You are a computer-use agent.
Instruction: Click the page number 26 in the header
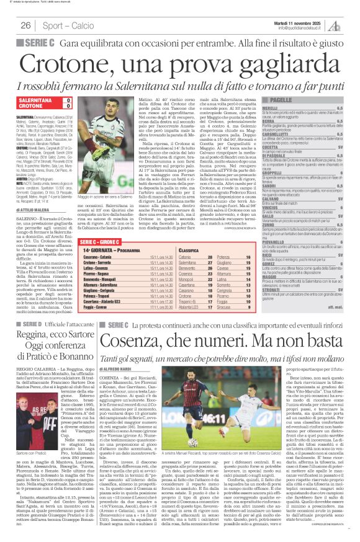click(x=25, y=25)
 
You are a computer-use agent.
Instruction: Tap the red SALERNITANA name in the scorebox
click(x=35, y=99)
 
